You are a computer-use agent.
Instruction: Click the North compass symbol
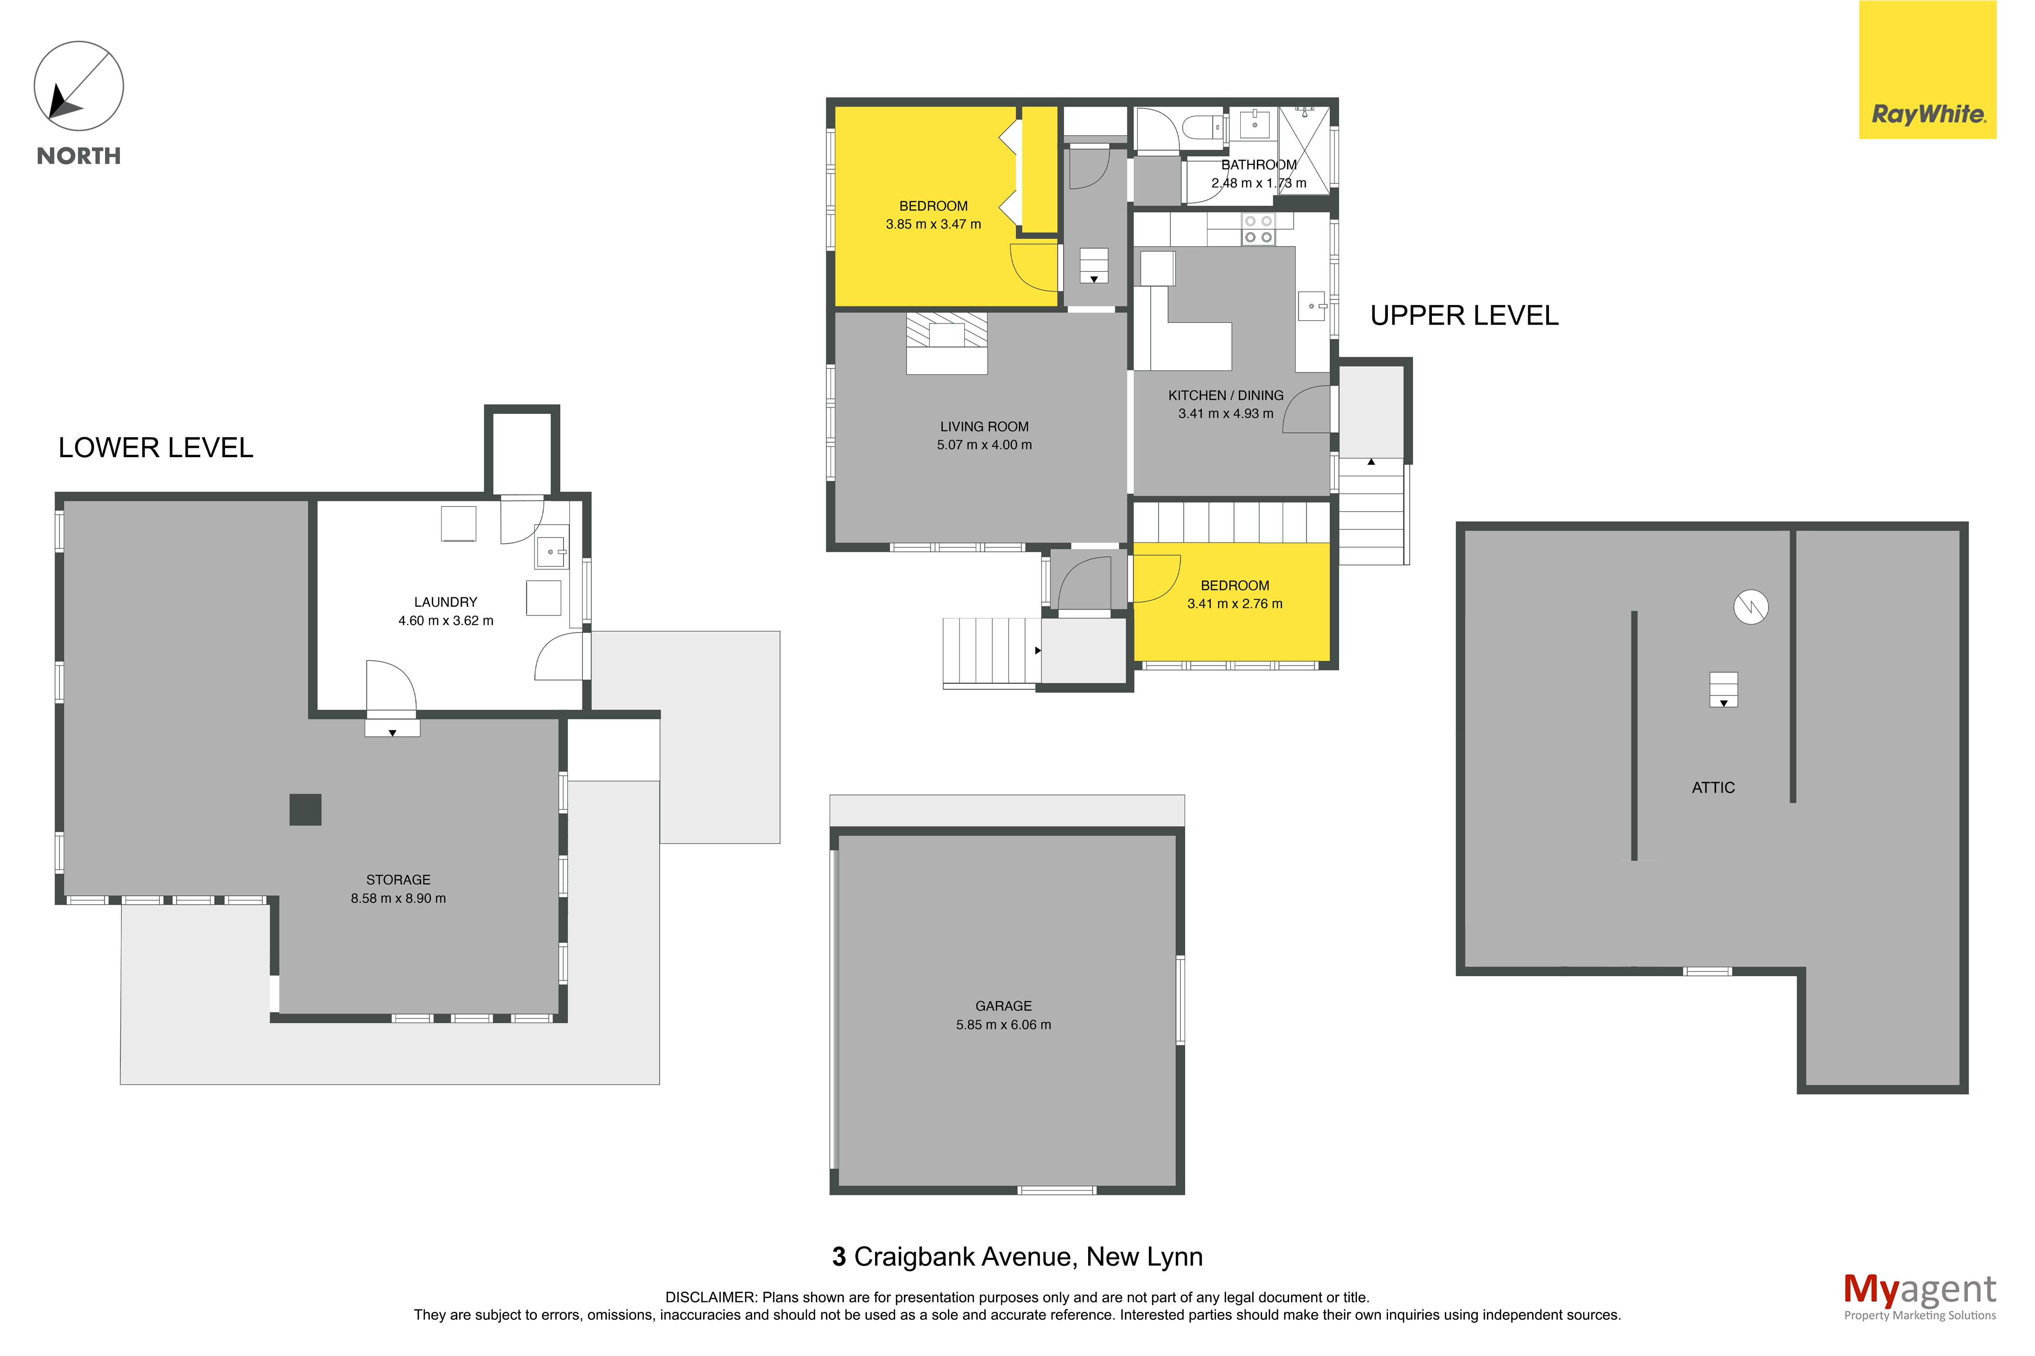click(x=79, y=87)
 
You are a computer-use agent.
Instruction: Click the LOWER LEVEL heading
click(x=156, y=448)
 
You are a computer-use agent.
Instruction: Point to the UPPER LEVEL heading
click(x=1464, y=316)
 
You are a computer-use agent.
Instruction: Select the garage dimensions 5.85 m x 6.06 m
click(x=1003, y=1025)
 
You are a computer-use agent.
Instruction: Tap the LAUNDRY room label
click(x=445, y=602)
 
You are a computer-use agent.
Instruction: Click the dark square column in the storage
click(x=305, y=809)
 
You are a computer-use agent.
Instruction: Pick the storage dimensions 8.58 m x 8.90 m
click(x=398, y=898)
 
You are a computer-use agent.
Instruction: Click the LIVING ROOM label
click(x=984, y=426)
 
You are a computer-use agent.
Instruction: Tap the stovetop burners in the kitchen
click(x=1258, y=229)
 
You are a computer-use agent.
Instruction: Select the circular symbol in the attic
click(x=1750, y=606)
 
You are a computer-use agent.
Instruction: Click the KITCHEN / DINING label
click(x=1225, y=395)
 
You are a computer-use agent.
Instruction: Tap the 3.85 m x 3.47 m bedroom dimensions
click(x=933, y=224)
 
